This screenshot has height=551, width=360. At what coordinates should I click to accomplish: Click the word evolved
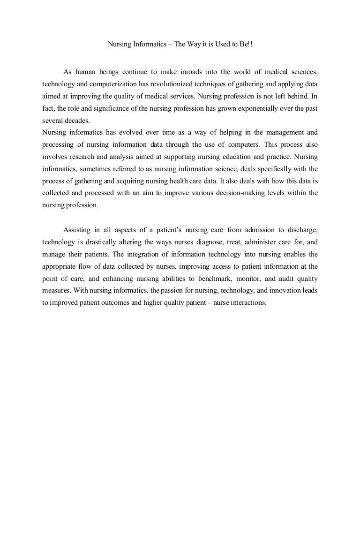click(140, 132)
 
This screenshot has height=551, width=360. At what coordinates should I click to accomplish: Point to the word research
click(82, 157)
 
